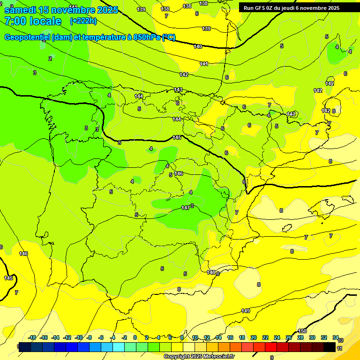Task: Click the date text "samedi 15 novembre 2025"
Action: click(61, 10)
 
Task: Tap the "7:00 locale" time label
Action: click(33, 21)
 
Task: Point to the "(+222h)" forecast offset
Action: click(83, 21)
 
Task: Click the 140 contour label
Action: click(198, 46)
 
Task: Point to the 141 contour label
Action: click(204, 64)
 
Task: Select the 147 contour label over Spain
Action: click(186, 207)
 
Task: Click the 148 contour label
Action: click(211, 272)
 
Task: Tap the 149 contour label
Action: click(246, 311)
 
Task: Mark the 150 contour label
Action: click(302, 331)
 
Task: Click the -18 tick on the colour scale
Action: click(32, 337)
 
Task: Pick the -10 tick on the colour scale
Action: click(79, 337)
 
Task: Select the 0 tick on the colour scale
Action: click(135, 337)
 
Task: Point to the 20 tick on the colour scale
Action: click(254, 337)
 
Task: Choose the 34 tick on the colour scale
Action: click(336, 337)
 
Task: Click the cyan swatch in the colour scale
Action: click(119, 347)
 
